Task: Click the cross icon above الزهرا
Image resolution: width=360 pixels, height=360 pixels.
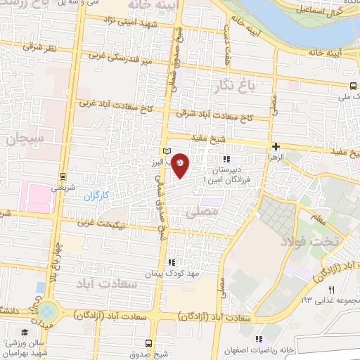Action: (x=276, y=146)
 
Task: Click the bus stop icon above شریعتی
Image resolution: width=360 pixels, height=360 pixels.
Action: (x=63, y=176)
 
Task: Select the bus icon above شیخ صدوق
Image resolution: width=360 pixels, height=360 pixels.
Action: (x=148, y=343)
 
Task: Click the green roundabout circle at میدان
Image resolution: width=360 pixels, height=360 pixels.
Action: (x=48, y=309)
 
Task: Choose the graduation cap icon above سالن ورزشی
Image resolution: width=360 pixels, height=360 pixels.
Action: (x=25, y=333)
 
